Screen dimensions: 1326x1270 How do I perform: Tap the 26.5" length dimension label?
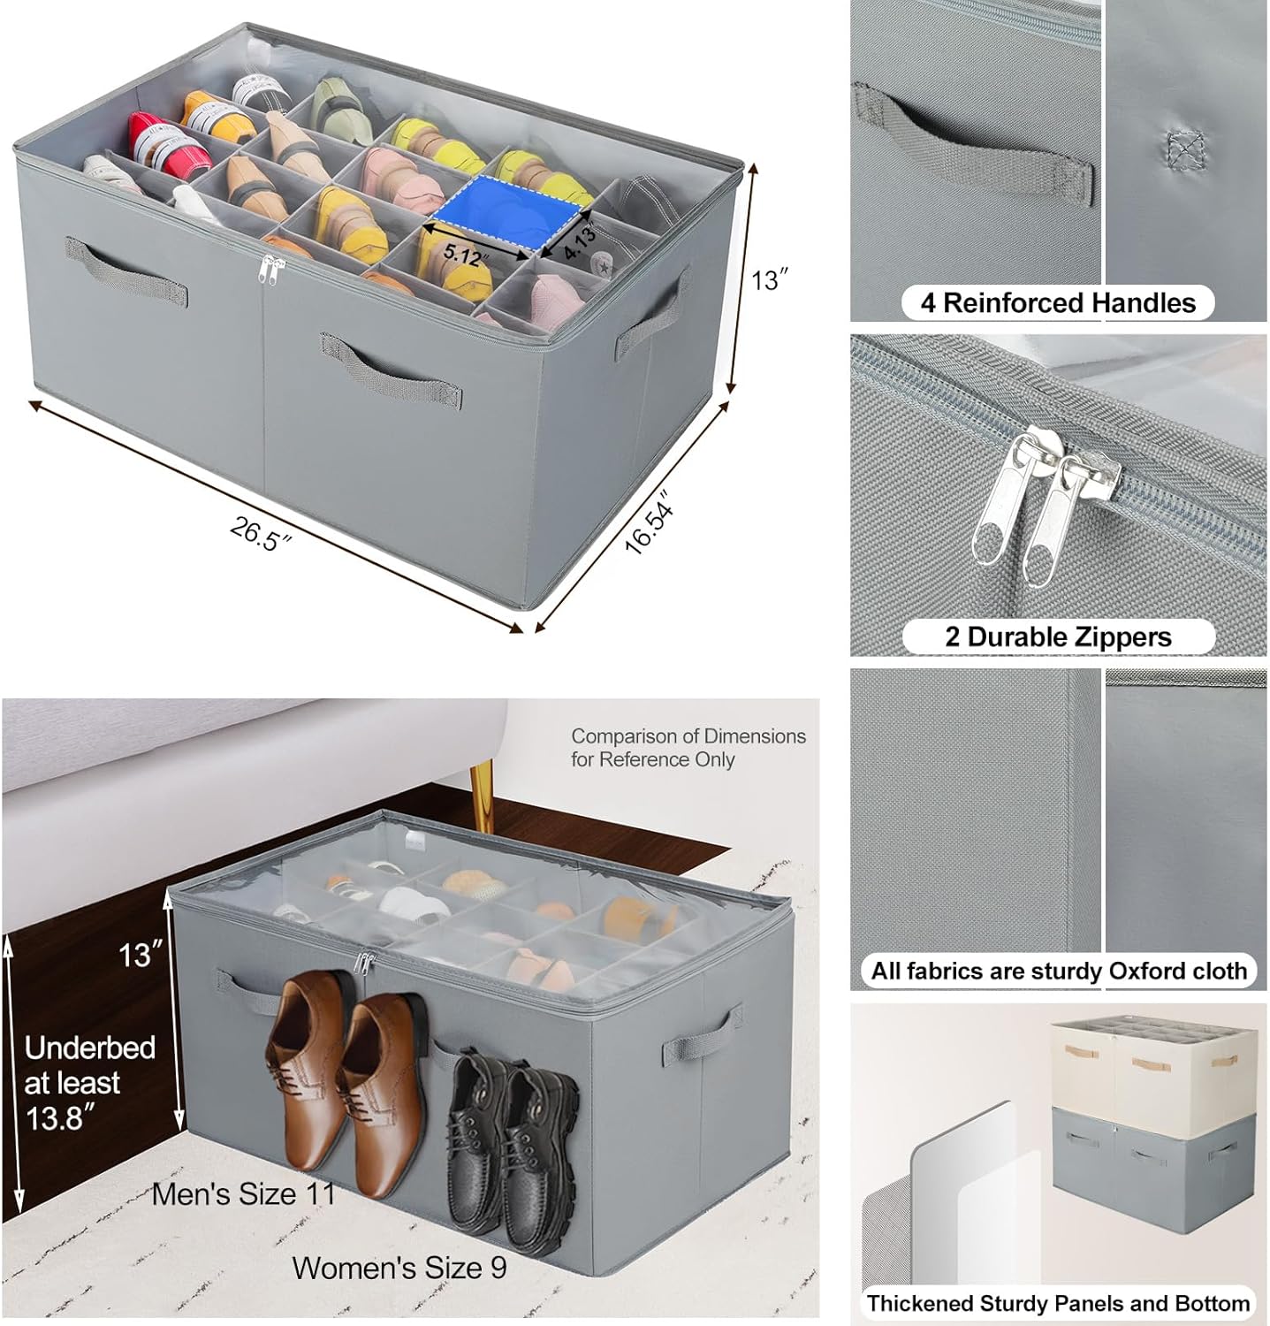click(261, 533)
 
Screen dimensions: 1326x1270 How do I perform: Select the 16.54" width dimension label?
click(650, 528)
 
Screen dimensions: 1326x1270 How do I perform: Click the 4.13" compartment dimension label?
click(581, 241)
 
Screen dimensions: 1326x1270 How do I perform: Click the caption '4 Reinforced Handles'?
click(1057, 303)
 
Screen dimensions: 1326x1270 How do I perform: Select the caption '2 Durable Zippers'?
click(1057, 636)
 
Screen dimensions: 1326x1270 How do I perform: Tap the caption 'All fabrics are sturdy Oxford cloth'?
click(1058, 971)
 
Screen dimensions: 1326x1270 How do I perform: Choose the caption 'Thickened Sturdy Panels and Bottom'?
click(1058, 1303)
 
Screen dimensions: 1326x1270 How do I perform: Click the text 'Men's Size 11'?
click(244, 1193)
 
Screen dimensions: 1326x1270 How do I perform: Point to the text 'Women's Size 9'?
click(399, 1268)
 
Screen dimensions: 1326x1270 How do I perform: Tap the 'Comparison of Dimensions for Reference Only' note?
click(688, 747)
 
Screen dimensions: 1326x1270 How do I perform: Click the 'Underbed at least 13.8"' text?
click(88, 1082)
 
